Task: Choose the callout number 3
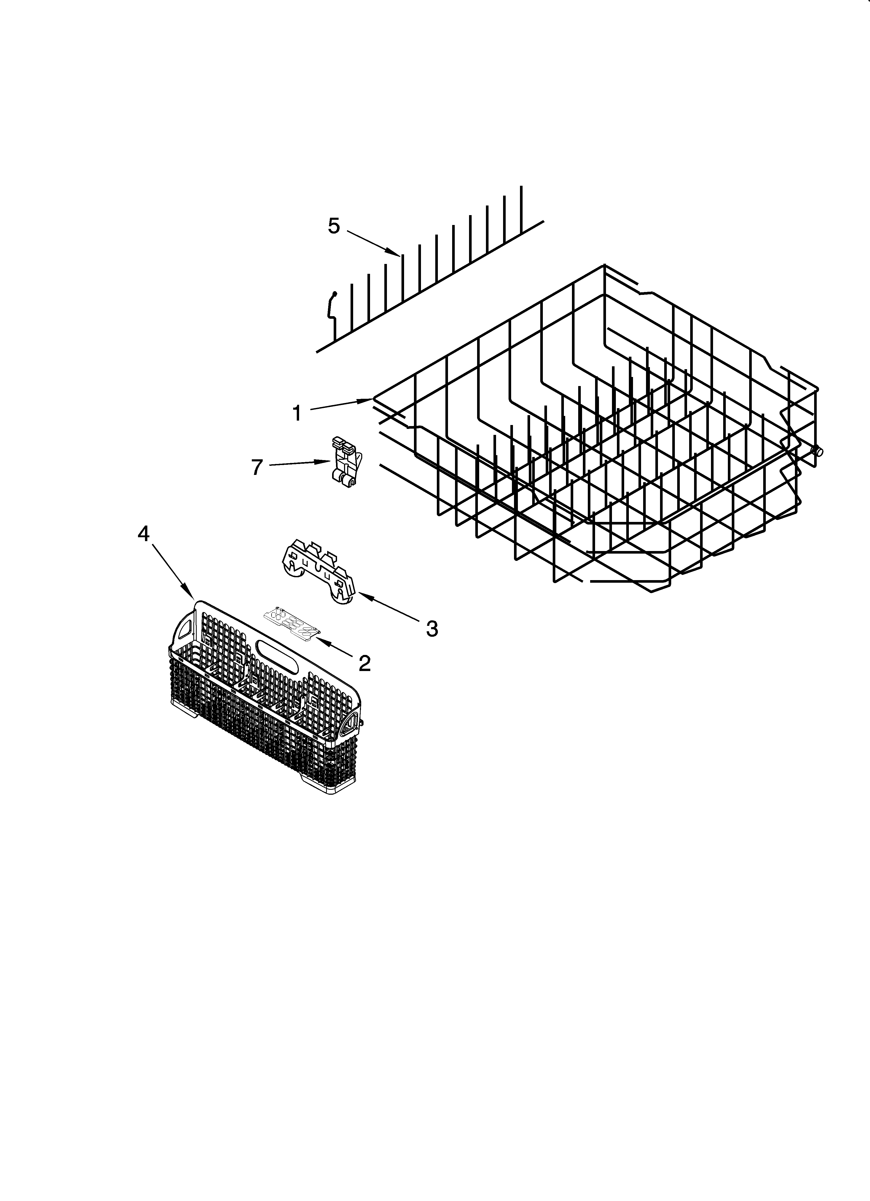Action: (x=432, y=629)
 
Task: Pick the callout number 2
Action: (x=365, y=662)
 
